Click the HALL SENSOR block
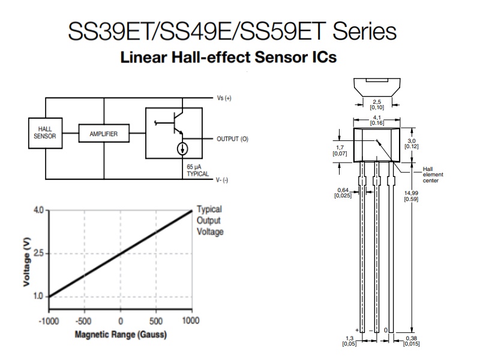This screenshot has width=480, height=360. click(46, 133)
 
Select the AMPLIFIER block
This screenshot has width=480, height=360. click(104, 133)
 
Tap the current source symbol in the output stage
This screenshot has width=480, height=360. click(182, 149)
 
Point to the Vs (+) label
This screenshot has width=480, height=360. click(224, 98)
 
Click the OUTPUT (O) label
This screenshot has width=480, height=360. click(232, 139)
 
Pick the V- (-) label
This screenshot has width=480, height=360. click(222, 180)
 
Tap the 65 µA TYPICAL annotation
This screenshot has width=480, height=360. click(198, 170)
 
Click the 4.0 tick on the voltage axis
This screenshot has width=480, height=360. click(38, 211)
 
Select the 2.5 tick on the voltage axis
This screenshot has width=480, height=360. click(38, 253)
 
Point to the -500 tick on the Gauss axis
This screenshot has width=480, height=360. click(83, 321)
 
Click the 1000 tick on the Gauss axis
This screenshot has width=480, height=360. click(191, 320)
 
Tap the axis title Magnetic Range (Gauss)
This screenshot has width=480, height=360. click(121, 334)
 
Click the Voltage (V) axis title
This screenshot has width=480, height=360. click(27, 262)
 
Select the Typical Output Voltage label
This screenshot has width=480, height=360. click(210, 220)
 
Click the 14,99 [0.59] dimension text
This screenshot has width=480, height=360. click(411, 196)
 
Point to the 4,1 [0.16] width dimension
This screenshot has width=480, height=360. click(377, 121)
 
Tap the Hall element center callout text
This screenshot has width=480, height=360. click(433, 175)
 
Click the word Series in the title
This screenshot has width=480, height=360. click(365, 31)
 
